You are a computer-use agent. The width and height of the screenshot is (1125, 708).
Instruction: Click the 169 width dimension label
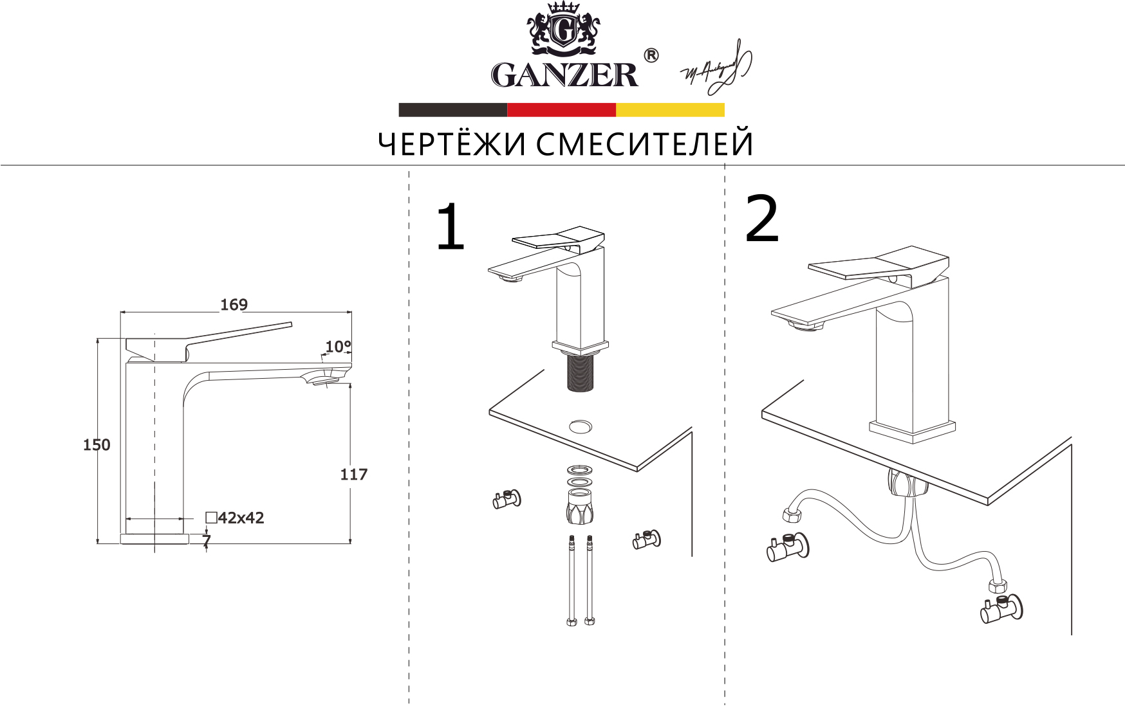(234, 304)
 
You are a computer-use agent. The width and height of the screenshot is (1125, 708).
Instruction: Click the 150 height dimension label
(97, 444)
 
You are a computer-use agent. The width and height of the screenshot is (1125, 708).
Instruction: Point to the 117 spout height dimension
(353, 474)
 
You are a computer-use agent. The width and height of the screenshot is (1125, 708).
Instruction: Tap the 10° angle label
(338, 347)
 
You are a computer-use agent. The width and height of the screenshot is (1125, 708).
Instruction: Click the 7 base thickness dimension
(207, 541)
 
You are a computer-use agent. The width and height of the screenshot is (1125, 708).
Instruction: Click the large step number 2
(761, 220)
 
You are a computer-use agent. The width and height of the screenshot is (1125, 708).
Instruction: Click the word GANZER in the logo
(564, 75)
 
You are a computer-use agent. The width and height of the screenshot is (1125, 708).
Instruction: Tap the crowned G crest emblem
(564, 30)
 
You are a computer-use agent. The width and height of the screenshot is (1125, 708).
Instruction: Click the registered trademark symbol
(651, 56)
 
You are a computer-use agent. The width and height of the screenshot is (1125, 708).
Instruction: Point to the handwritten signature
(716, 68)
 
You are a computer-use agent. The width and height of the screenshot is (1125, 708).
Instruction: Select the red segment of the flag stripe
(561, 110)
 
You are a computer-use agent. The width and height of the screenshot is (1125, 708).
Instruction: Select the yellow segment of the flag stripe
(670, 110)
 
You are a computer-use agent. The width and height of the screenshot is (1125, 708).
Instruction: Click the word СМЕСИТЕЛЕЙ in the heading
(644, 144)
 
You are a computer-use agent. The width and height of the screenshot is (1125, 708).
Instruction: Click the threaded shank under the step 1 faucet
(580, 374)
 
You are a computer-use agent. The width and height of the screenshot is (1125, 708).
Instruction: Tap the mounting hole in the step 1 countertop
(581, 426)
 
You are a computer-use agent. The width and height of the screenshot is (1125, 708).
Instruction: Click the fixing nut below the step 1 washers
(580, 507)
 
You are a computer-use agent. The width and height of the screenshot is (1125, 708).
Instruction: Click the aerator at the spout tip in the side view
(324, 381)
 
